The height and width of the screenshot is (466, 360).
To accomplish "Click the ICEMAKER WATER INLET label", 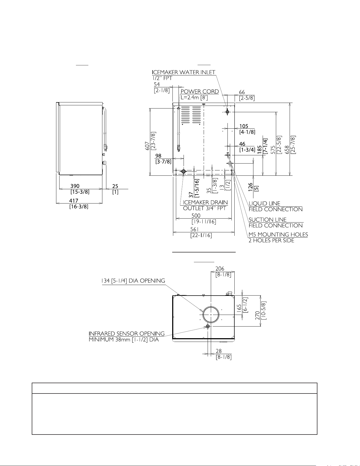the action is pos(184,72).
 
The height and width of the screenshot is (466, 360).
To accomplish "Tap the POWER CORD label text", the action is pos(200,92).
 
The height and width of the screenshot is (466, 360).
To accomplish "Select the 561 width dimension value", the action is pos(194,229).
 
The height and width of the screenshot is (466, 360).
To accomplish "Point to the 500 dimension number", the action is pos(196,216).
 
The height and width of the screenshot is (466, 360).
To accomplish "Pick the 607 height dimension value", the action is pos(148,146).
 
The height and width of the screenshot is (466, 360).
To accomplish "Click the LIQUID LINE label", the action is pos(265,203).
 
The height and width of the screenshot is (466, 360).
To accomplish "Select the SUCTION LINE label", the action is pos(268,220).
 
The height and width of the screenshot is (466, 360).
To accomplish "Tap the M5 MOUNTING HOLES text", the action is pos(278,234).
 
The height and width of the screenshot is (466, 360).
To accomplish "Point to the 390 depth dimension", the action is pos(75,186).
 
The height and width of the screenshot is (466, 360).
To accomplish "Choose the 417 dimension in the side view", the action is pos(74,201).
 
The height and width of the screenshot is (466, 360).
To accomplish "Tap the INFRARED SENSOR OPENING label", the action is pos(127,334).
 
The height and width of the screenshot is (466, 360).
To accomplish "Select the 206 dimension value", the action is pos(220,269).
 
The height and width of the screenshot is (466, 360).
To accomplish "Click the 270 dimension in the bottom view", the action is pos(257,315).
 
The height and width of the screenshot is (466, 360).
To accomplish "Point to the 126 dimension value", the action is pos(250,187).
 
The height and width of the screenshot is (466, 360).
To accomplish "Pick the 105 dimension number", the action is pos(244,126).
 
